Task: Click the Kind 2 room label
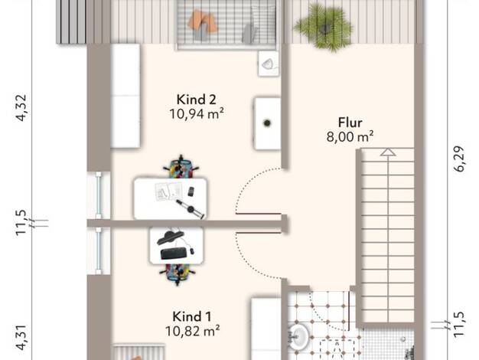pyautogui.click(x=196, y=100)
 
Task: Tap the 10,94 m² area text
pyautogui.click(x=197, y=114)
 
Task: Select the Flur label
pyautogui.click(x=350, y=123)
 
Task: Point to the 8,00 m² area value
pyautogui.click(x=350, y=136)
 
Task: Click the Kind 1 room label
pyautogui.click(x=192, y=316)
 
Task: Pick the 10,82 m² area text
pyautogui.click(x=193, y=331)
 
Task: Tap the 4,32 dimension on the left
pyautogui.click(x=21, y=108)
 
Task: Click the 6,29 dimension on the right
pyautogui.click(x=459, y=159)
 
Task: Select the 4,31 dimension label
pyautogui.click(x=21, y=337)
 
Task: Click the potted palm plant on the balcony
pyautogui.click(x=324, y=27)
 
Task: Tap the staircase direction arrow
pyautogui.click(x=388, y=152)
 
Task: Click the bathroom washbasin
pyautogui.click(x=298, y=337)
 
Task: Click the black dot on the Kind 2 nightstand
pyautogui.click(x=267, y=123)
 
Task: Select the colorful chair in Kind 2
pyautogui.click(x=181, y=168)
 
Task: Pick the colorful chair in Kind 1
pyautogui.click(x=178, y=273)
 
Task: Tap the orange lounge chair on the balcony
pyautogui.click(x=202, y=22)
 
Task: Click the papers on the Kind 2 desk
pyautogui.click(x=168, y=191)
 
